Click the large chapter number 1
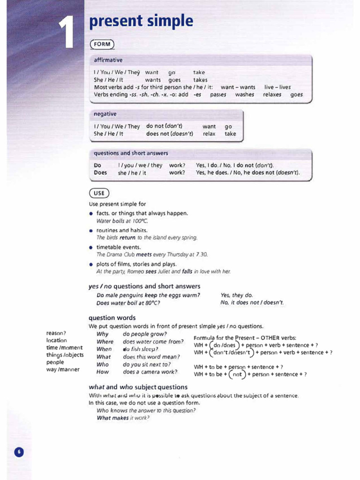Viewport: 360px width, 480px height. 68,33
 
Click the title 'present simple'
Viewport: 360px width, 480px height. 141,21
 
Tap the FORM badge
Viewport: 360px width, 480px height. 102,45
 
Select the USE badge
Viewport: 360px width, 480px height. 99,193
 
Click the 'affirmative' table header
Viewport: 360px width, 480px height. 108,60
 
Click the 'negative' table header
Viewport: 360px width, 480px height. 105,114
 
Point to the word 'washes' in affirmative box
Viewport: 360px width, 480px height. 244,94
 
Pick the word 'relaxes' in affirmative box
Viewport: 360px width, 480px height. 272,94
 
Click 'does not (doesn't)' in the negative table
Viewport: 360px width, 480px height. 169,134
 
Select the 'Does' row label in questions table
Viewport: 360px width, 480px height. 100,172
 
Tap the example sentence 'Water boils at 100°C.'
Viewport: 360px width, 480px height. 122,221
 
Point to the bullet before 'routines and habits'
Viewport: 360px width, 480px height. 91,231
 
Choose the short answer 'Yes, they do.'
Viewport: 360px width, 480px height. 236,295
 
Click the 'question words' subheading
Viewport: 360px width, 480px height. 112,317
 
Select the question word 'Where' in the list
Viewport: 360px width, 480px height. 105,342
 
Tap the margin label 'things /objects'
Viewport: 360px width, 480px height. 65,355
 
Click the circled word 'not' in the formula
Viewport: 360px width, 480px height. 237,375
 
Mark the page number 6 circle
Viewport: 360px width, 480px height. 19,452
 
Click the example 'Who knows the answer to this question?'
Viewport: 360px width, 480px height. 146,410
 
